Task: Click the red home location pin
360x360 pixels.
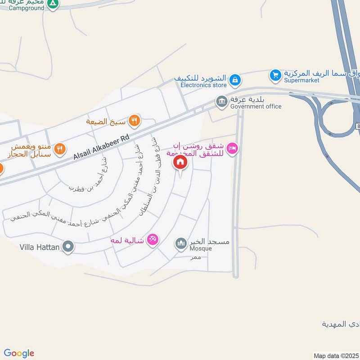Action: tap(180, 162)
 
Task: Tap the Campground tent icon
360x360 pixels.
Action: tap(53, 4)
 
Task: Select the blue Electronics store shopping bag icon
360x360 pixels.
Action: tap(234, 81)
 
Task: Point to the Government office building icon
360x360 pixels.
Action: tap(221, 101)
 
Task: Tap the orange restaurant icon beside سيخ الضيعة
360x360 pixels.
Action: tap(134, 120)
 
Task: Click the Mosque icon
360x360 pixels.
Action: tap(181, 243)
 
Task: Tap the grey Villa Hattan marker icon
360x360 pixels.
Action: tap(68, 247)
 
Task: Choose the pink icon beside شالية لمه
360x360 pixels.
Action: tap(153, 240)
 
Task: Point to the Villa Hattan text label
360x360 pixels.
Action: tap(40, 247)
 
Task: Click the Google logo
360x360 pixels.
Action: tap(19, 353)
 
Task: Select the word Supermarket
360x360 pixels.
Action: tap(301, 80)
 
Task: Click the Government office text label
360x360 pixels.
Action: tap(256, 107)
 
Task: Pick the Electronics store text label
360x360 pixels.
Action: tap(203, 84)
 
